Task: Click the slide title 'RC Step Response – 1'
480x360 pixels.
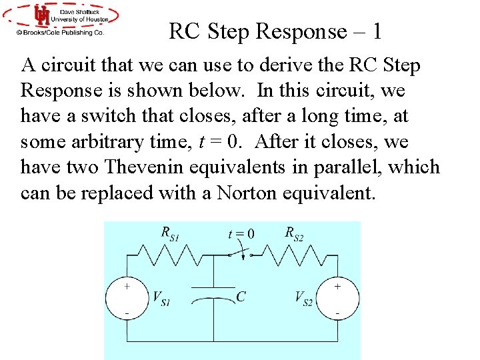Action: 275,31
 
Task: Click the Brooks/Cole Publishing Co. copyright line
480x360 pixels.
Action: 61,32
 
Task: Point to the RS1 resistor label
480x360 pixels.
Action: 170,233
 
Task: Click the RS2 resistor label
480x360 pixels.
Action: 294,233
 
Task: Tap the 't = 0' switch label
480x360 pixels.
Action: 241,233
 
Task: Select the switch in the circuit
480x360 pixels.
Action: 239,253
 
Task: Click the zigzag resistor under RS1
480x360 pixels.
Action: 169,255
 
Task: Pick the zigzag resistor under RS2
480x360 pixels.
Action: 290,255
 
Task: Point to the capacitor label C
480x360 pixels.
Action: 241,297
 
